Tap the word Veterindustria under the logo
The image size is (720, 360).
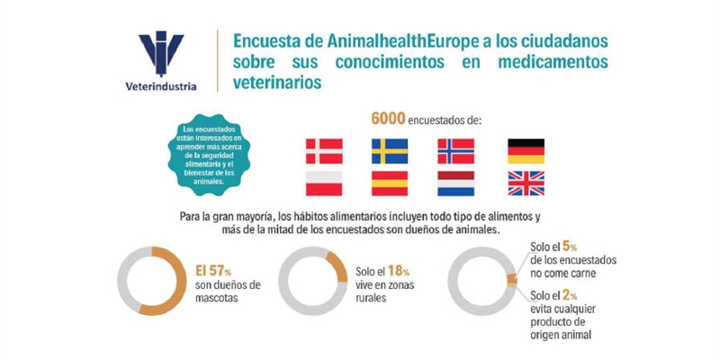(x=161, y=87)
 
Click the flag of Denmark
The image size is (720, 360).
(x=324, y=150)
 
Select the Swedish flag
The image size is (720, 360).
(x=390, y=150)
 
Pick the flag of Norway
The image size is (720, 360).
(x=455, y=150)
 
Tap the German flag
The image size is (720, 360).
(x=526, y=150)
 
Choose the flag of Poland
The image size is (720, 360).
(x=324, y=184)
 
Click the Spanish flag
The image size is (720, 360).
(x=390, y=184)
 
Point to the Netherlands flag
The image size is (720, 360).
(x=455, y=184)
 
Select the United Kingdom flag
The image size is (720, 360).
(x=526, y=184)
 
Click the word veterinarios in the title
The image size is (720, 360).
(x=275, y=82)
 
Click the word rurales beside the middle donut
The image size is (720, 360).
(x=373, y=299)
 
